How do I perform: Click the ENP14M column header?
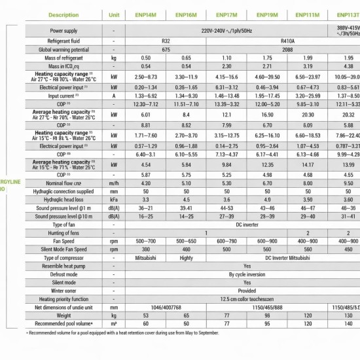click(x=145, y=14)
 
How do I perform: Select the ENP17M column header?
click(x=226, y=14)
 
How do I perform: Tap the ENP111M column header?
click(x=307, y=14)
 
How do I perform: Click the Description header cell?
click(x=63, y=14)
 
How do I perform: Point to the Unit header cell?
click(x=114, y=14)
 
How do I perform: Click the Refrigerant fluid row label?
click(x=63, y=41)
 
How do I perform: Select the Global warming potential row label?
click(x=63, y=49)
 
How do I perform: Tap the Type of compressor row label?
click(x=63, y=258)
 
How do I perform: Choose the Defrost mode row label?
click(x=63, y=275)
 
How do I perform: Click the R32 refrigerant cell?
click(x=166, y=41)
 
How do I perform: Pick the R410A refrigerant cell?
click(x=287, y=41)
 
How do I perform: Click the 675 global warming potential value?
click(x=166, y=49)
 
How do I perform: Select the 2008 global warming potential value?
click(x=287, y=49)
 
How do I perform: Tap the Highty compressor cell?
click(x=186, y=258)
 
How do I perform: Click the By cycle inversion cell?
click(x=247, y=275)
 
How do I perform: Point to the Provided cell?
click(x=247, y=291)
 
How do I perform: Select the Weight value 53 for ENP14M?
click(x=145, y=315)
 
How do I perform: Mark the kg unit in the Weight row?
click(x=114, y=315)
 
